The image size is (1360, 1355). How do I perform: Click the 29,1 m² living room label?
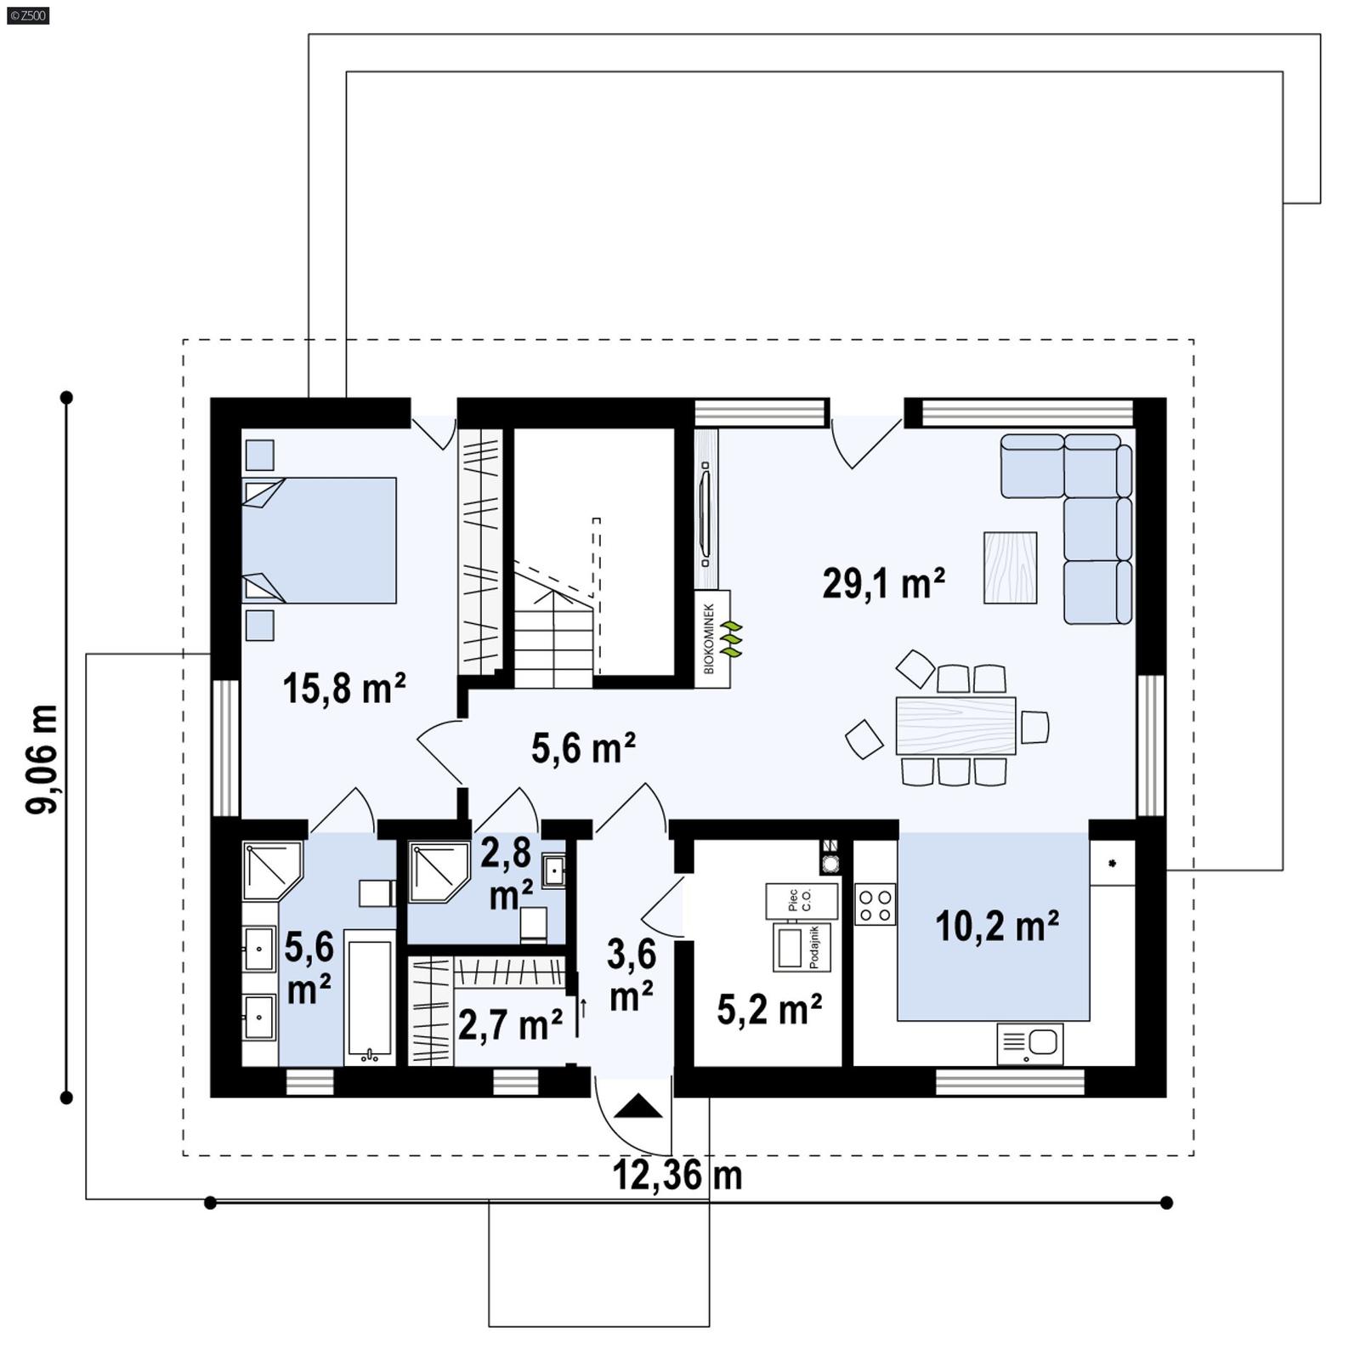[x=883, y=584]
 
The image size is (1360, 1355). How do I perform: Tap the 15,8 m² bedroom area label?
[x=343, y=688]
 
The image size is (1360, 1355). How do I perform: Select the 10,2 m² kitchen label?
[x=996, y=926]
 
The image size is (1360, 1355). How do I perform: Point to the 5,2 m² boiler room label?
[x=769, y=1010]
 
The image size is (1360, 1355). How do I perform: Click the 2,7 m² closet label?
[x=510, y=1024]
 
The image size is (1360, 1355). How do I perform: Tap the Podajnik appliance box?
[x=800, y=947]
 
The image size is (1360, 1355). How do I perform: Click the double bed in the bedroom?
[x=320, y=540]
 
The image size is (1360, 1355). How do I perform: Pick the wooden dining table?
[x=955, y=725]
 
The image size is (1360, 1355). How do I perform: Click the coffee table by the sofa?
[x=1010, y=568]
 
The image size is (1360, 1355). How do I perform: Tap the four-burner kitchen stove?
[x=875, y=904]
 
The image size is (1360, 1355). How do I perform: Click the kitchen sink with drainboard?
[x=1029, y=1043]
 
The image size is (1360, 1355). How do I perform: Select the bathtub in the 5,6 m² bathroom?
[x=370, y=996]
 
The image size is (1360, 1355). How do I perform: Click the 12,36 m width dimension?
[x=677, y=1176]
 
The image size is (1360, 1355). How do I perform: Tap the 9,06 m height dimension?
[x=42, y=758]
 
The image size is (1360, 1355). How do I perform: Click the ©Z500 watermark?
[x=27, y=14]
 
